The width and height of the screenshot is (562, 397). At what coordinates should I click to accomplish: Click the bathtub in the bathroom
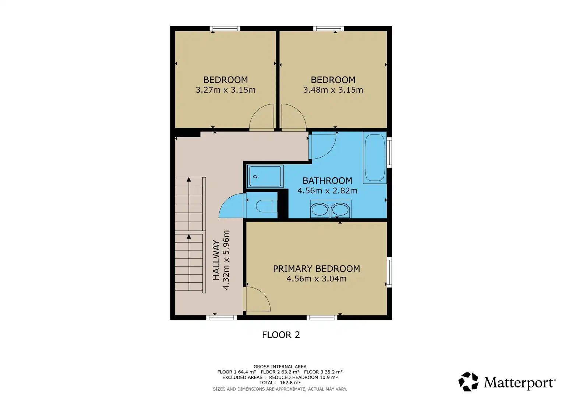375,158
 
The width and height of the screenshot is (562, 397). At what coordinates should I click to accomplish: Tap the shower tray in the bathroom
265,176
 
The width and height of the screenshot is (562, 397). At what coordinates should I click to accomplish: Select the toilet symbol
266,206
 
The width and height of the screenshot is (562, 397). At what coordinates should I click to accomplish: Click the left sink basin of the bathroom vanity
319,210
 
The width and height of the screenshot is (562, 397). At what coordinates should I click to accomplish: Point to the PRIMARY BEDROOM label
317,269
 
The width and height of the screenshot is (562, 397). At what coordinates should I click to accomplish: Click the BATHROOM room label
327,181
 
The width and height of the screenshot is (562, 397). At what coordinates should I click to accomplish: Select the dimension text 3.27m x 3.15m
226,90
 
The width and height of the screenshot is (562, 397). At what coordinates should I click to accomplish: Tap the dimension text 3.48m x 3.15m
333,90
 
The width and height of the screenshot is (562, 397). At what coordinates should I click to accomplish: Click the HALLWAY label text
216,260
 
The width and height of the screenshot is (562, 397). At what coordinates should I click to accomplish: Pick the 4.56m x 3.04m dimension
317,279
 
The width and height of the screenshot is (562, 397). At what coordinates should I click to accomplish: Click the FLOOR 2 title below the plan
281,335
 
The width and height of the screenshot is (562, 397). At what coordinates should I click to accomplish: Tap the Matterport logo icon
468,381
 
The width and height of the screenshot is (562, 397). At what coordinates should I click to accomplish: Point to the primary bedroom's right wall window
389,272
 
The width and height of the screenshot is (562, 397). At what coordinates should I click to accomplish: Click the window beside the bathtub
389,153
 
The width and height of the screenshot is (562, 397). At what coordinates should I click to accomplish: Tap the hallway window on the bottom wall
222,318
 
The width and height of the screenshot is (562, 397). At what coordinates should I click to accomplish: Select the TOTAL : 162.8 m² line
280,382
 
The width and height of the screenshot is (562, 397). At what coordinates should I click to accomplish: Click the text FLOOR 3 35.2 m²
323,372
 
